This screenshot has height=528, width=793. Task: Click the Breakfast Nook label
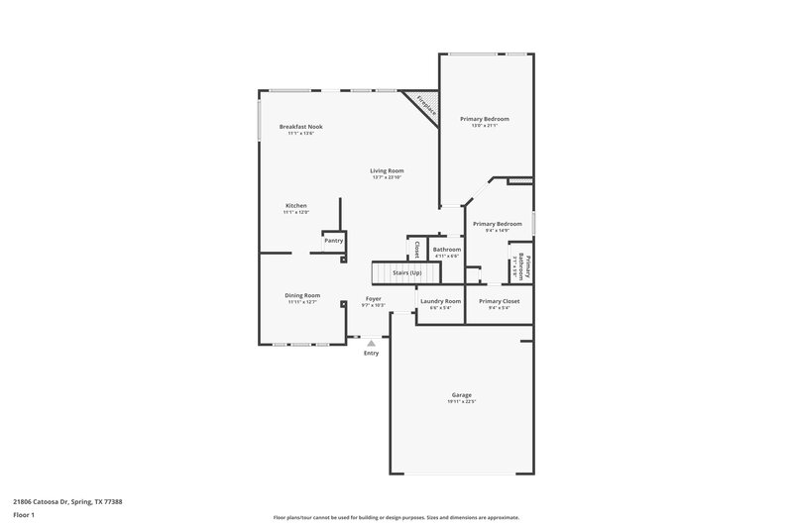[x=300, y=127]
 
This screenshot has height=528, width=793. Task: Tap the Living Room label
[x=388, y=170]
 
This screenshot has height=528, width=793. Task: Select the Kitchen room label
[x=296, y=206]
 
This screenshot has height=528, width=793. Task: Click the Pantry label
[x=333, y=240]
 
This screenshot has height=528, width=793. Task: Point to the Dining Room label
[x=303, y=295]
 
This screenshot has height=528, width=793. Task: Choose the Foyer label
[x=374, y=298]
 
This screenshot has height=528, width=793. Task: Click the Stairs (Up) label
[x=407, y=271]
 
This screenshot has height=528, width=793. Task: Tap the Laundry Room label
[x=440, y=301]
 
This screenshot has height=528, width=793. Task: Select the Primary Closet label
[x=499, y=301]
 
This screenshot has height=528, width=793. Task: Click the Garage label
[x=461, y=395]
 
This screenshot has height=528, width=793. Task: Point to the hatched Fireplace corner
[x=423, y=105]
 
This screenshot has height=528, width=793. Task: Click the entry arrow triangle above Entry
[x=371, y=343]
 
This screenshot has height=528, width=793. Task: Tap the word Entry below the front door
[x=371, y=354]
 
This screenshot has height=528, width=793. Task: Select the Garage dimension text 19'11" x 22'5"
[x=461, y=401]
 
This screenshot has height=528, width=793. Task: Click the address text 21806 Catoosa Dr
[x=67, y=501]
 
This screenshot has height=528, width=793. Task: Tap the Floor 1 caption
[x=25, y=516]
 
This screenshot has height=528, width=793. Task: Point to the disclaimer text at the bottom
[x=396, y=517]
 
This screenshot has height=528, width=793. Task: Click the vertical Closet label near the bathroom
[x=417, y=248]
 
